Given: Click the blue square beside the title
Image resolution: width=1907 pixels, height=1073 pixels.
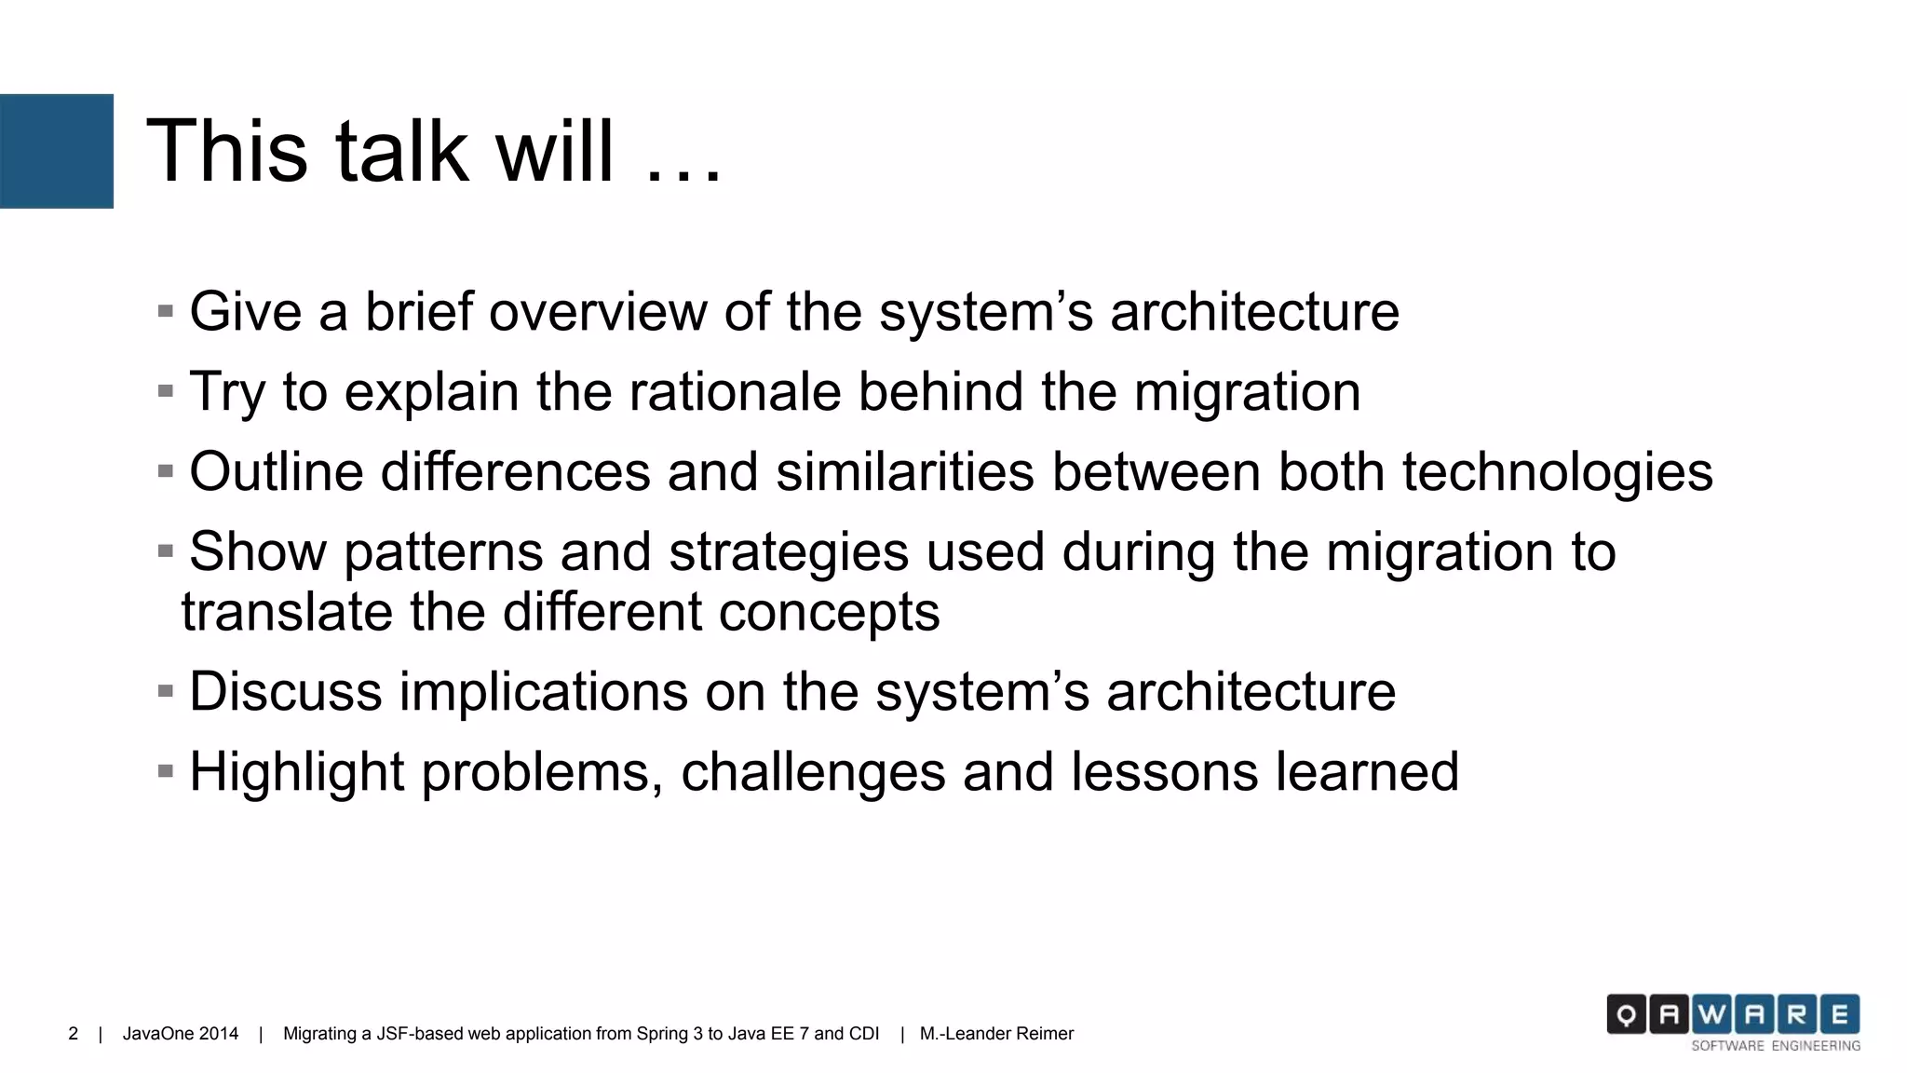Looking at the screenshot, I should pyautogui.click(x=56, y=151).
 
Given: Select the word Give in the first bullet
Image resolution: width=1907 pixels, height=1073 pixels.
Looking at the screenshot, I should pyautogui.click(x=246, y=311).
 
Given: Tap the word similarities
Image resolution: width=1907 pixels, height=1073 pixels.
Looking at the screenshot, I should pyautogui.click(x=904, y=471).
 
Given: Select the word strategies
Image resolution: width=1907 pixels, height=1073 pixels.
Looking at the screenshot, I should pyautogui.click(x=788, y=551).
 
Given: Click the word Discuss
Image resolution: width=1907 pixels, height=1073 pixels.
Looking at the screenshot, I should pyautogui.click(x=286, y=691).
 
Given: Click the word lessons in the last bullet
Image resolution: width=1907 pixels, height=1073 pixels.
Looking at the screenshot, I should pyautogui.click(x=1164, y=773).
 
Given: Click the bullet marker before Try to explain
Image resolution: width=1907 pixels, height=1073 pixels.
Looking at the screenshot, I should pyautogui.click(x=166, y=391).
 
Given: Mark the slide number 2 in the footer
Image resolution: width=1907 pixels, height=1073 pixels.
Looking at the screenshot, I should pyautogui.click(x=74, y=1034).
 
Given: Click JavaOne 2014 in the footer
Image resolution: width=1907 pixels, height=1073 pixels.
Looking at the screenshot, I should pyautogui.click(x=181, y=1034).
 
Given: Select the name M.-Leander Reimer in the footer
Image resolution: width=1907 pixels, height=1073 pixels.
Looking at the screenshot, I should pyautogui.click(x=996, y=1034).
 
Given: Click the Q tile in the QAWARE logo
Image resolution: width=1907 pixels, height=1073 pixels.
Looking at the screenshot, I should pyautogui.click(x=1626, y=1015).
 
